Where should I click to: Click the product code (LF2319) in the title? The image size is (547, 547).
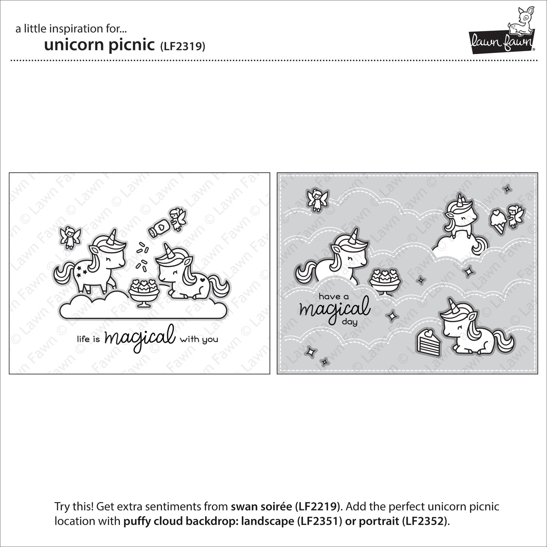click(182, 46)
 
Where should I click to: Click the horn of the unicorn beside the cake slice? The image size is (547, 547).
click(451, 305)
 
